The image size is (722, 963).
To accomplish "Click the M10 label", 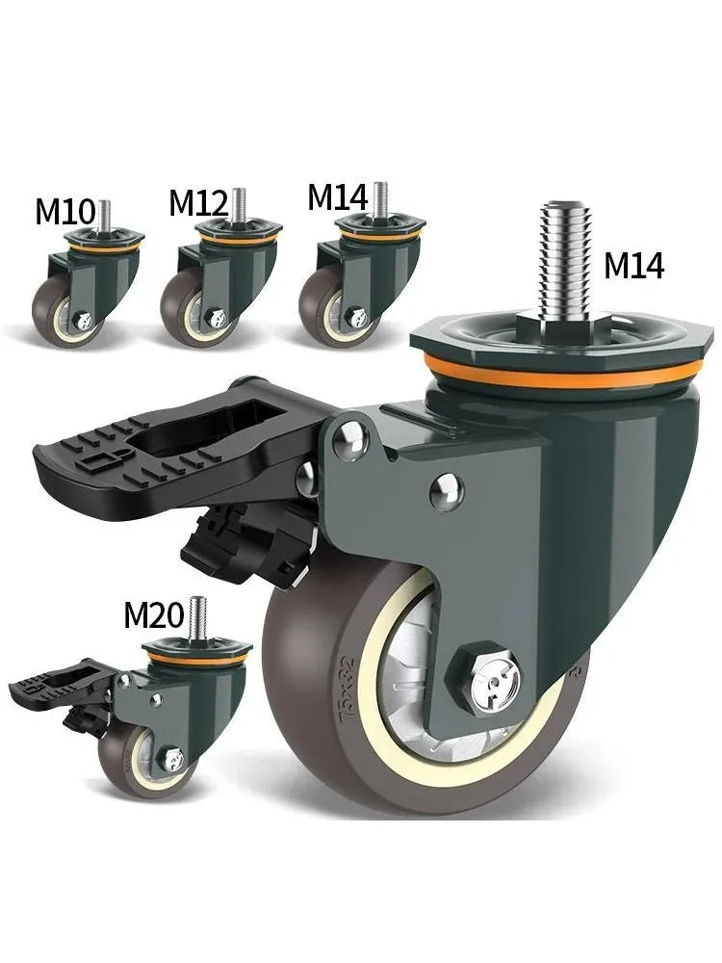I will point(65,211).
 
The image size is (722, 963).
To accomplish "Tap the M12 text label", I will point(197,203).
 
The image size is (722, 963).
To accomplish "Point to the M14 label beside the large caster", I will point(633,265).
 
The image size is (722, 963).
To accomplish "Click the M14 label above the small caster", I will point(337,197).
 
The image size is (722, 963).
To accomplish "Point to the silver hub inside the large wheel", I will point(424,674).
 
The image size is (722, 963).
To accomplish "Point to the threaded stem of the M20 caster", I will point(198,615).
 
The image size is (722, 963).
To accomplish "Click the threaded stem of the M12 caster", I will point(238,204).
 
